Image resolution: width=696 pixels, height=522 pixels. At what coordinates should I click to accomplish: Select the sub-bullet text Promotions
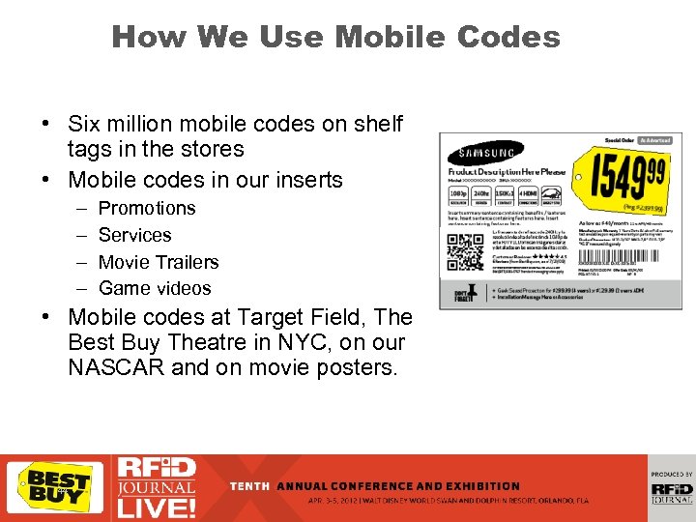pyautogui.click(x=147, y=208)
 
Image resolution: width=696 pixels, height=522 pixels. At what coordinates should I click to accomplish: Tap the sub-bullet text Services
pyautogui.click(x=134, y=235)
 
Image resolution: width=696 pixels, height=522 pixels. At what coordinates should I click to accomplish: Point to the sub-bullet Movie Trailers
pyautogui.click(x=159, y=262)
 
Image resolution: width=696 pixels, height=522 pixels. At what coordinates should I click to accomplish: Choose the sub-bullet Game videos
pyautogui.click(x=155, y=288)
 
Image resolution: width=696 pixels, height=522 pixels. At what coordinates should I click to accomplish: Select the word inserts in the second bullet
pyautogui.click(x=308, y=180)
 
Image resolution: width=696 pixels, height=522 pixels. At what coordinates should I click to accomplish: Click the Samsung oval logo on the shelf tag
pyautogui.click(x=487, y=153)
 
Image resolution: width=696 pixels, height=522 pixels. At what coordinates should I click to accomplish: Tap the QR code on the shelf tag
pyautogui.click(x=467, y=250)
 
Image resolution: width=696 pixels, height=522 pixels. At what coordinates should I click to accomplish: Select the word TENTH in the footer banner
pyautogui.click(x=249, y=485)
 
